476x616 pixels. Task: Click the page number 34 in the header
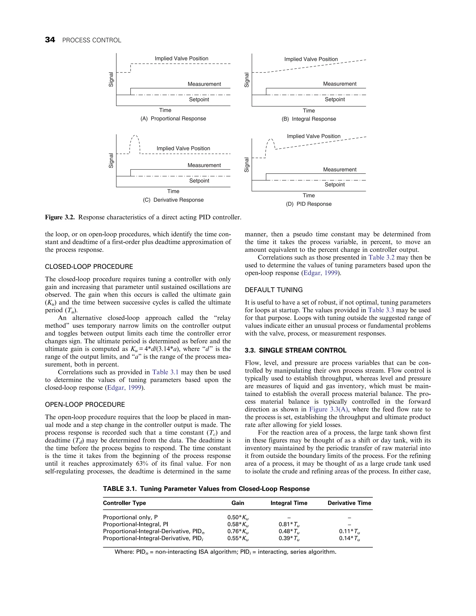pyautogui.click(x=50, y=40)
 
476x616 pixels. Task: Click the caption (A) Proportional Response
pyautogui.click(x=173, y=119)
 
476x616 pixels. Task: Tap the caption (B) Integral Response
pyautogui.click(x=309, y=119)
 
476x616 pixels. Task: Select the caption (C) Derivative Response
pyautogui.click(x=173, y=200)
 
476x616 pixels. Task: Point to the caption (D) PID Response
pyautogui.click(x=309, y=204)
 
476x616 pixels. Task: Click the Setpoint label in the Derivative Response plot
pyautogui.click(x=199, y=181)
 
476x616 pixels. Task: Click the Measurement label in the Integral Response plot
pyautogui.click(x=340, y=84)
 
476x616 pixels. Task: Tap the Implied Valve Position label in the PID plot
pyautogui.click(x=314, y=136)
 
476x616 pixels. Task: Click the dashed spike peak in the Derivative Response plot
pyautogui.click(x=135, y=136)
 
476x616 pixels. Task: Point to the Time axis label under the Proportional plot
pyautogui.click(x=165, y=110)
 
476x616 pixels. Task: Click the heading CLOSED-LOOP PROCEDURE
pyautogui.click(x=89, y=267)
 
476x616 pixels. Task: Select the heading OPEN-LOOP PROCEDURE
pyautogui.click(x=85, y=404)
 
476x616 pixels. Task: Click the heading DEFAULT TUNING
pyautogui.click(x=274, y=290)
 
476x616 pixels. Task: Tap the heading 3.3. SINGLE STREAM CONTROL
pyautogui.click(x=296, y=350)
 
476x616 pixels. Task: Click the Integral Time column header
pyautogui.click(x=289, y=503)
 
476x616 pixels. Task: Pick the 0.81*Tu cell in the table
pyautogui.click(x=289, y=524)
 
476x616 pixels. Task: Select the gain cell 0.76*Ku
pyautogui.click(x=238, y=531)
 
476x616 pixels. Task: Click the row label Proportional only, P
pyautogui.click(x=130, y=517)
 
